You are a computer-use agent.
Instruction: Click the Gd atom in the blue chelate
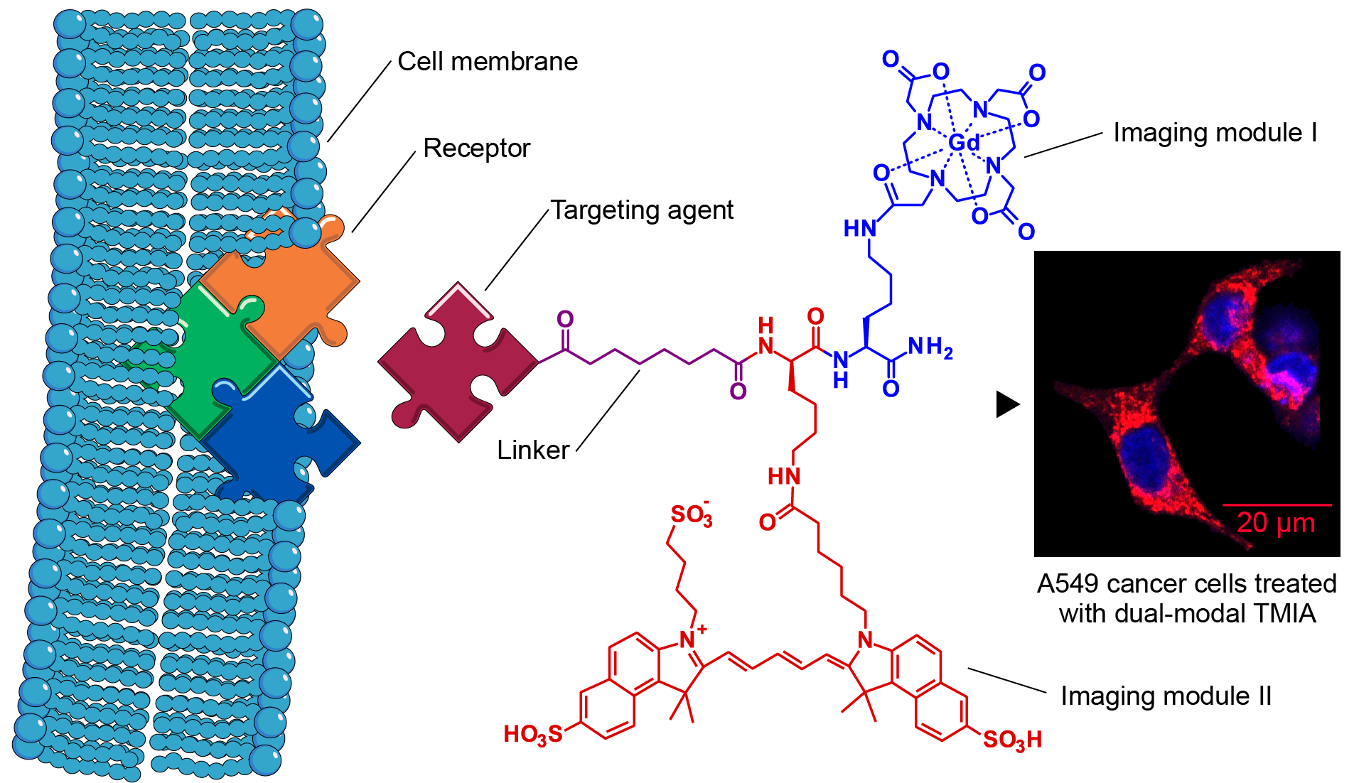964,144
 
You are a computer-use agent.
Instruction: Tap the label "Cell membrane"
488,62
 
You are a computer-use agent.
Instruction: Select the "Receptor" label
476,148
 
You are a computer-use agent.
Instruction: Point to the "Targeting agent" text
642,210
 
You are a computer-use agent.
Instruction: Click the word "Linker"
533,450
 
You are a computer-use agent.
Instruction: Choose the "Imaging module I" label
1215,133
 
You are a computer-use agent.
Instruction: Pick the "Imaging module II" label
1166,696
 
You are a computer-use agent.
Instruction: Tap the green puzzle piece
213,355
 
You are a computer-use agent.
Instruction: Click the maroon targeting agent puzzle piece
455,362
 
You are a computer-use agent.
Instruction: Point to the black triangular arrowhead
1007,404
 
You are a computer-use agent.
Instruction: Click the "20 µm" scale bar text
1276,523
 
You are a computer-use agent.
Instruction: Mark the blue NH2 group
930,347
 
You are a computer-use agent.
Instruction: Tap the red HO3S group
532,735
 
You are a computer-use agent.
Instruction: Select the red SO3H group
1012,740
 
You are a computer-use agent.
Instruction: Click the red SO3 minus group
691,515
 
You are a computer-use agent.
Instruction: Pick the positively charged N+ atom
689,638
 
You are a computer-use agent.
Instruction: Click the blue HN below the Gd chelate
859,229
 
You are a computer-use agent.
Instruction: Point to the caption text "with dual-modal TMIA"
1187,614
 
